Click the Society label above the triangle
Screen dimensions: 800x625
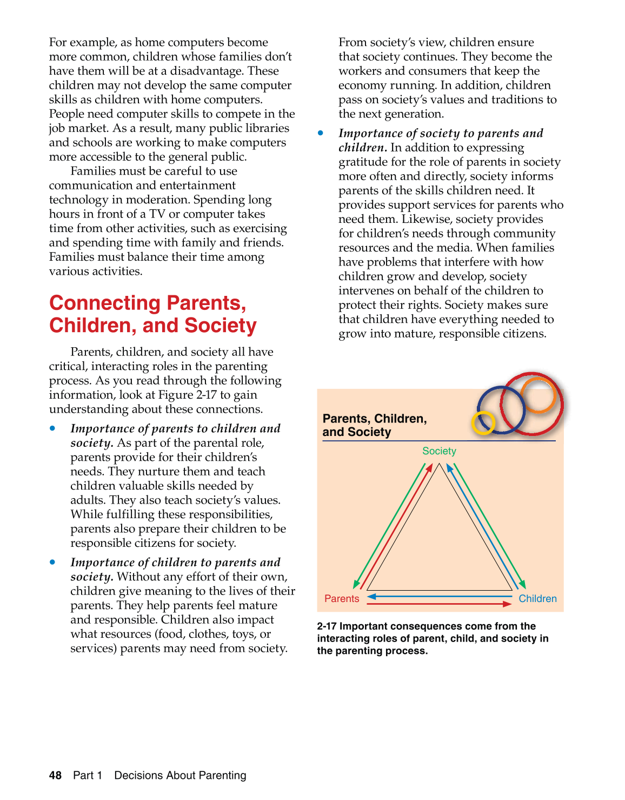point(439,451)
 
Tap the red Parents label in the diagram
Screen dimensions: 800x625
point(342,599)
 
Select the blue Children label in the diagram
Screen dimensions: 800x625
point(537,599)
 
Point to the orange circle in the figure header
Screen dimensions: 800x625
point(538,394)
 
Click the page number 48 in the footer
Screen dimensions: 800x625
point(55,776)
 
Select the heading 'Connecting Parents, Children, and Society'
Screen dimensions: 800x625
point(152,314)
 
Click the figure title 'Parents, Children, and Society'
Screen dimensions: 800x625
point(374,425)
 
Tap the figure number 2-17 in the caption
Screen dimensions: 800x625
point(327,626)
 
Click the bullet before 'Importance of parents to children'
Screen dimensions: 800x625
point(52,428)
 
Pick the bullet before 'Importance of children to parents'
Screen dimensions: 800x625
point(52,563)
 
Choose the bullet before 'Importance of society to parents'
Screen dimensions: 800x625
point(321,133)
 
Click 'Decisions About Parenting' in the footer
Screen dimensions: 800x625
point(180,776)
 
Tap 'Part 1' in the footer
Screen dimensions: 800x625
point(88,776)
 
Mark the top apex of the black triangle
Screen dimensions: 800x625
point(440,464)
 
